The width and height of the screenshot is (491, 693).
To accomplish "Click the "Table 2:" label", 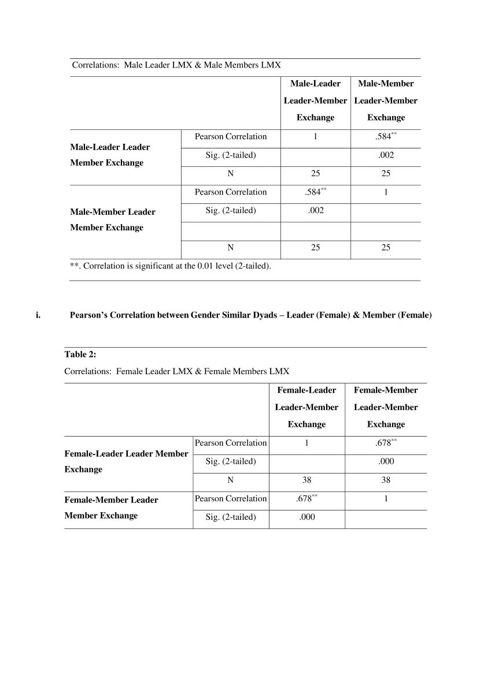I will pyautogui.click(x=80, y=354).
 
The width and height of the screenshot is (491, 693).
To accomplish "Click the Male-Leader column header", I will pyautogui.click(x=315, y=100).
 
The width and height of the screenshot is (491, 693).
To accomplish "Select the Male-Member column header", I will pyautogui.click(x=386, y=100).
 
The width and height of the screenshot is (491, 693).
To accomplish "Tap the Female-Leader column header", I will pyautogui.click(x=307, y=407).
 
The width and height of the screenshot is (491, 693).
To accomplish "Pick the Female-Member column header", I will pyautogui.click(x=386, y=407).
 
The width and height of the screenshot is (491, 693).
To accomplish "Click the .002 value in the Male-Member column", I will pyautogui.click(x=386, y=155).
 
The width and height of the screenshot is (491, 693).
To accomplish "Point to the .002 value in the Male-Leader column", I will pyautogui.click(x=315, y=210).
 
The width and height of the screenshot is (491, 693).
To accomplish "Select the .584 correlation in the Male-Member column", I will pyautogui.click(x=385, y=137).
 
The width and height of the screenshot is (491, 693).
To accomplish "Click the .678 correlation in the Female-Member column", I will pyautogui.click(x=385, y=444).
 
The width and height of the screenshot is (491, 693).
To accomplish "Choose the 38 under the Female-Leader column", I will pyautogui.click(x=307, y=480).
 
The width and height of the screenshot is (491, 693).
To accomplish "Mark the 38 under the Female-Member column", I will pyautogui.click(x=386, y=480).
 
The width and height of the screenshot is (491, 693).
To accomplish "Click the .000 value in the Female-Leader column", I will pyautogui.click(x=307, y=517).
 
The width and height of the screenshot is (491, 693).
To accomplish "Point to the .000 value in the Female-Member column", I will pyautogui.click(x=386, y=461).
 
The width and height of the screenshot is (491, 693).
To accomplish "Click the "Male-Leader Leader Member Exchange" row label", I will pyautogui.click(x=110, y=155).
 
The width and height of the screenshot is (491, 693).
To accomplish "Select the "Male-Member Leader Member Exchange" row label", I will pyautogui.click(x=113, y=219).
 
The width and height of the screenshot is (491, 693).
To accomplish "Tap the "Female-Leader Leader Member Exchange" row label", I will pyautogui.click(x=126, y=461).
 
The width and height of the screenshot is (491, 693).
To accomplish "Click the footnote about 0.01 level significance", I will pyautogui.click(x=170, y=266).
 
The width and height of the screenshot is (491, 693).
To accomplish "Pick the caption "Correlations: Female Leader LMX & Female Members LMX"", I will pyautogui.click(x=176, y=371).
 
